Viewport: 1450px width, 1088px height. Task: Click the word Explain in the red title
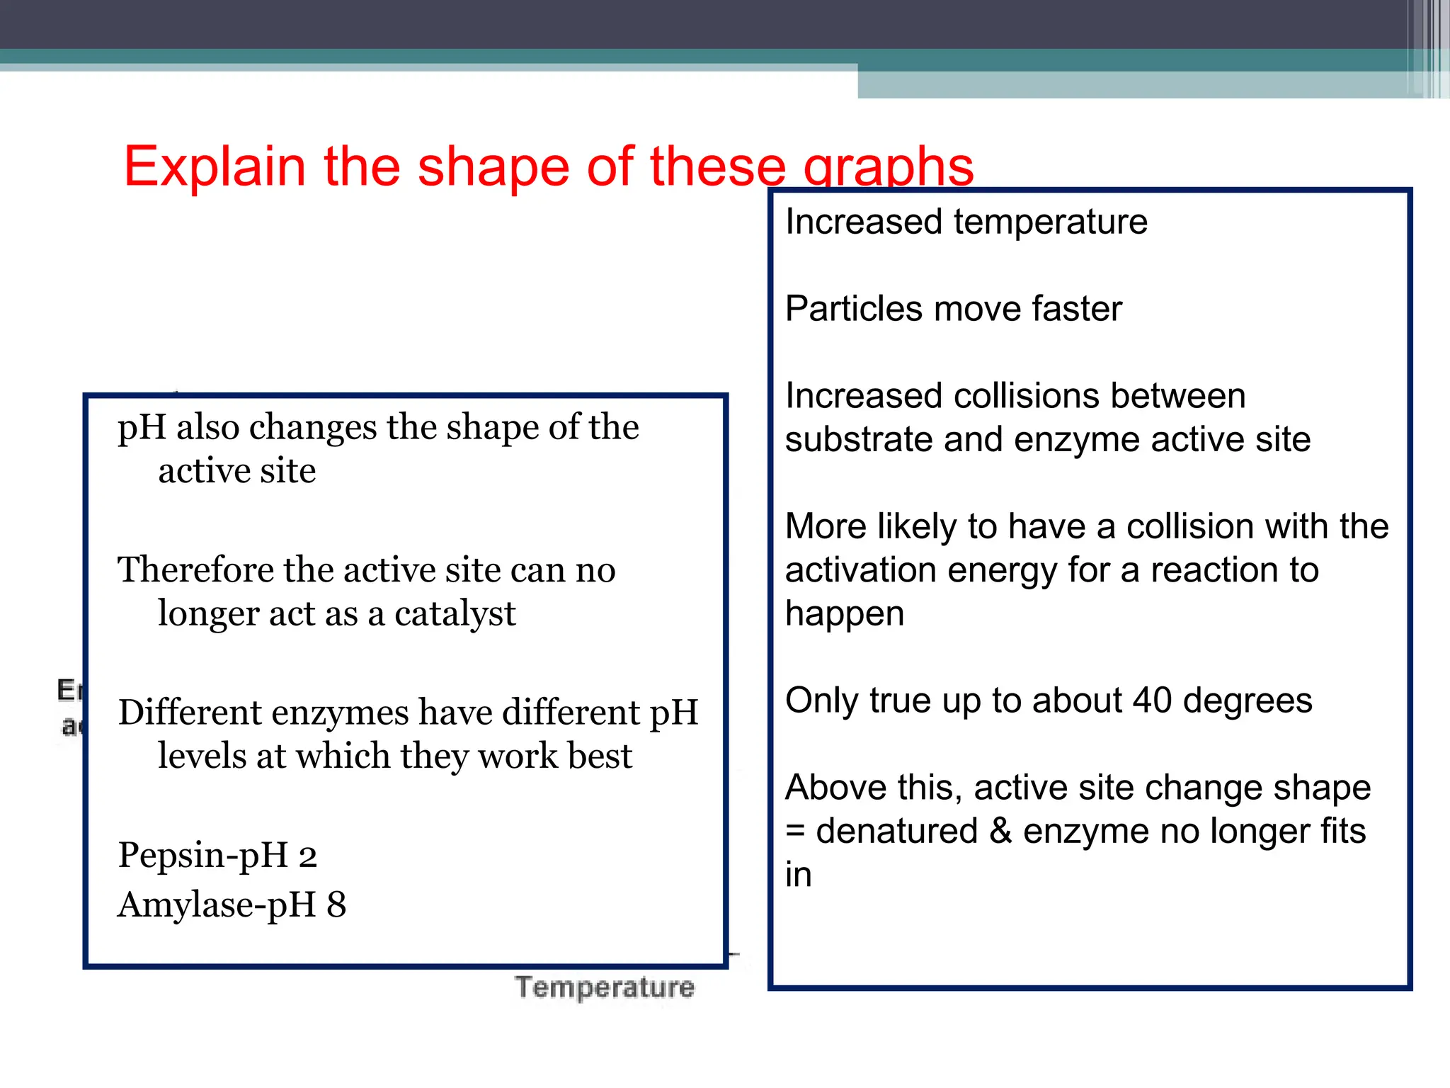(215, 166)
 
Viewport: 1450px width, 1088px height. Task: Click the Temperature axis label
(605, 987)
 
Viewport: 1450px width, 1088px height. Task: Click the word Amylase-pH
(217, 905)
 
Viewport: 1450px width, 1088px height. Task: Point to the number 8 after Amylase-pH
(336, 905)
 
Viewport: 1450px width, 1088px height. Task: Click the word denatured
(896, 831)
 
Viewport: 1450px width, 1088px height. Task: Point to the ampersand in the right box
(1000, 831)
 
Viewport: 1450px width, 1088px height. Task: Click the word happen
(845, 614)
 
